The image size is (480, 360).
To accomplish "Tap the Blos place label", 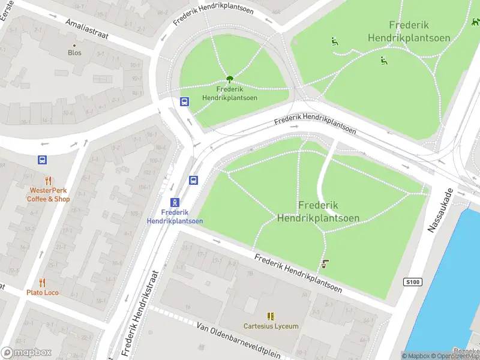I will pyautogui.click(x=74, y=53).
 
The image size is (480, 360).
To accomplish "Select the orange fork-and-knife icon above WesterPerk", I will pyautogui.click(x=49, y=180).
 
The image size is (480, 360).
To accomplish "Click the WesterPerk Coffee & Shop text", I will pyautogui.click(x=49, y=195).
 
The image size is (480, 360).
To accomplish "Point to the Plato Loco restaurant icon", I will pyautogui.click(x=42, y=282).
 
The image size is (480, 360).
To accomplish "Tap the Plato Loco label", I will pyautogui.click(x=42, y=293).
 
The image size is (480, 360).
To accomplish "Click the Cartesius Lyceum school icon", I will pyautogui.click(x=271, y=316).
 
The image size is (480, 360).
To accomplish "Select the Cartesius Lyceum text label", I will pyautogui.click(x=271, y=326).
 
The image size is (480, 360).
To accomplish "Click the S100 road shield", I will pyautogui.click(x=413, y=282).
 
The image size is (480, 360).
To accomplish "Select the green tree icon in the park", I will pyautogui.click(x=229, y=79).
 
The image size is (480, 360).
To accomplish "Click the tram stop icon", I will pyautogui.click(x=175, y=202).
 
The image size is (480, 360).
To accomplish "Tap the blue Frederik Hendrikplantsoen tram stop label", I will pyautogui.click(x=175, y=217).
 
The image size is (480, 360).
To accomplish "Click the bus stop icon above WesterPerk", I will pyautogui.click(x=42, y=160).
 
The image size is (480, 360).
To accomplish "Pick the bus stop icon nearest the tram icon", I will pyautogui.click(x=194, y=180).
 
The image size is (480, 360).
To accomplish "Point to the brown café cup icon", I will pyautogui.click(x=325, y=263).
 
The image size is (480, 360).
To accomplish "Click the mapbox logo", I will pyautogui.click(x=26, y=353).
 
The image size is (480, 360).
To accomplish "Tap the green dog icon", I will pyautogui.click(x=475, y=22).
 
